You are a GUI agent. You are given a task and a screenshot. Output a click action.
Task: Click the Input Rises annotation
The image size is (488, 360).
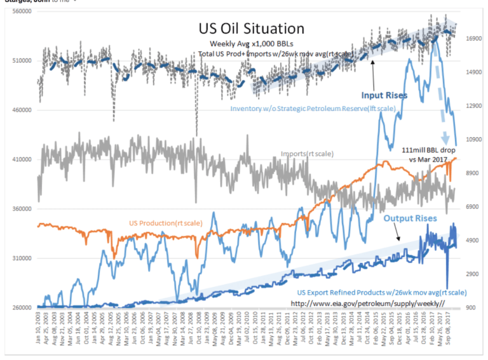coord(384,96)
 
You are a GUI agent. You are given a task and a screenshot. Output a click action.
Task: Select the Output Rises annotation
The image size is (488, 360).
coord(410,218)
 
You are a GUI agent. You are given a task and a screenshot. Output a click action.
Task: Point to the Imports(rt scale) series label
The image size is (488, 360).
coord(308,154)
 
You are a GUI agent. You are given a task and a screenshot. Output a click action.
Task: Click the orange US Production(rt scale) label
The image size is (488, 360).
coord(166,223)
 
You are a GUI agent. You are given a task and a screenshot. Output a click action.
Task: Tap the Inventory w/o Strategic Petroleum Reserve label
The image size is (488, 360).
coord(313,109)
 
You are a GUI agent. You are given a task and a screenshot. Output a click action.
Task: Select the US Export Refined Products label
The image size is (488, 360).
coord(382,293)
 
